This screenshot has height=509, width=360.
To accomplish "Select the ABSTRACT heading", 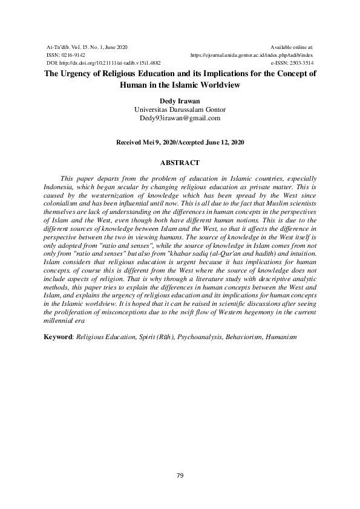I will [180, 163].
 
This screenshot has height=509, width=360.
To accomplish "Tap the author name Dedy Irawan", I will [180, 101].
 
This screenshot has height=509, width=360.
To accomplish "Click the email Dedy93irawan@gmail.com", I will [180, 118].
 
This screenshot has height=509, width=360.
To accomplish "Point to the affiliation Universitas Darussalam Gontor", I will [180, 109].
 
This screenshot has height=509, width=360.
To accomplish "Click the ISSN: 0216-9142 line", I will [66, 54].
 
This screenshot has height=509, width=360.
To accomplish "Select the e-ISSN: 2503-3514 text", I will [292, 62].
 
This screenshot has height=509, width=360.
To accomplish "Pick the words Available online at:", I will [292, 47].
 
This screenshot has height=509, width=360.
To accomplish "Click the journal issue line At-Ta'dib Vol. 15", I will [87, 47].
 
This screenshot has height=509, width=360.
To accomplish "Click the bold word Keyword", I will [58, 336].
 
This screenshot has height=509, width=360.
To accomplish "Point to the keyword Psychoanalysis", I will [203, 336].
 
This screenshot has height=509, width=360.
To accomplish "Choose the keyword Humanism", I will [280, 336].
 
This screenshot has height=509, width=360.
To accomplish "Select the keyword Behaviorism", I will [244, 336].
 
